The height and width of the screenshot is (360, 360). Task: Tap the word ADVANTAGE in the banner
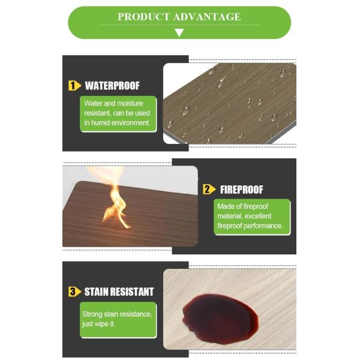207,17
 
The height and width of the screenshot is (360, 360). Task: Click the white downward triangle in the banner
179,32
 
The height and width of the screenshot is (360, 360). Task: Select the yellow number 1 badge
74,86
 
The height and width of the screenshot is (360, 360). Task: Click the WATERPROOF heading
112,86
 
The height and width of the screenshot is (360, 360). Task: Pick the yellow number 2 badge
209,190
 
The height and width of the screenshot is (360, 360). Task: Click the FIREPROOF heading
242,190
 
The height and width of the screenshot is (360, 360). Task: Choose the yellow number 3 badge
74,292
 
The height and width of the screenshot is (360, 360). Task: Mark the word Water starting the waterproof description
93,103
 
